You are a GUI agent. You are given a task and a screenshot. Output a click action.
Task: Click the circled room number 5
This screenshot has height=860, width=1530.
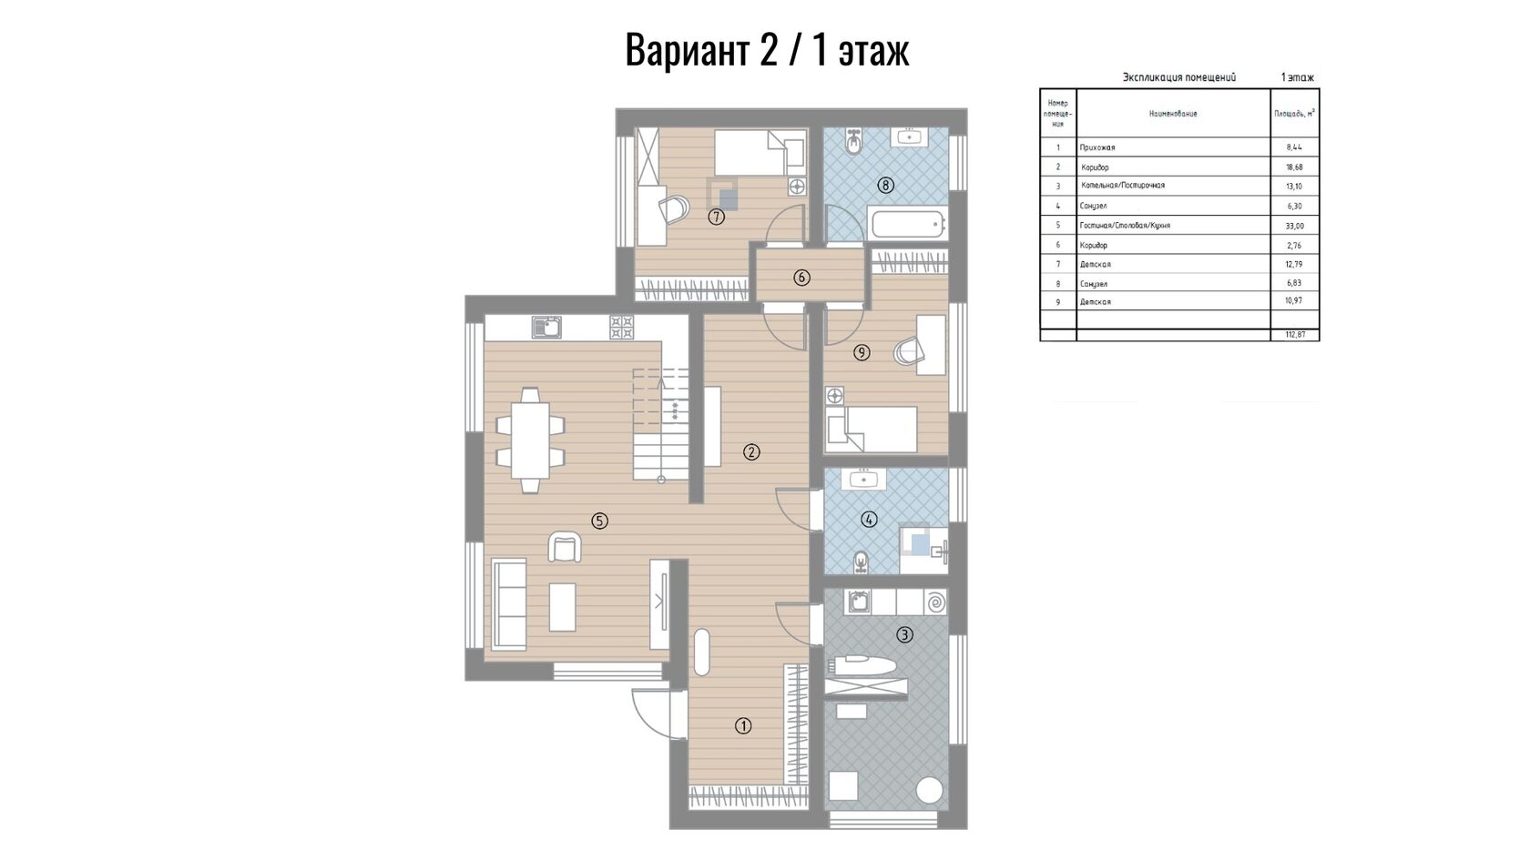click(599, 521)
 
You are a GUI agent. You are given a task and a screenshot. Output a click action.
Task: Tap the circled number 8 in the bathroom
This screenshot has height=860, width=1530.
click(885, 185)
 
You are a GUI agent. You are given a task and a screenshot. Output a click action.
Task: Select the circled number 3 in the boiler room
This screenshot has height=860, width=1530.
click(904, 635)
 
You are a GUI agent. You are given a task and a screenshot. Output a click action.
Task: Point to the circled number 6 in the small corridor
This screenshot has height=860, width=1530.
click(801, 277)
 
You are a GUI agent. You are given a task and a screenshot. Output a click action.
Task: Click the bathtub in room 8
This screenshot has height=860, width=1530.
click(907, 222)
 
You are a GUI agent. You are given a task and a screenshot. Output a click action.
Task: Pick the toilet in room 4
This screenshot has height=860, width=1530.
click(861, 561)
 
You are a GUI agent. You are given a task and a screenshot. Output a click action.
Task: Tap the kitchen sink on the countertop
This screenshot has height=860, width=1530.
click(546, 327)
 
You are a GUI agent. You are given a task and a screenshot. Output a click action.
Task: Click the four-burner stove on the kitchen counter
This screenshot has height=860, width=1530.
click(621, 327)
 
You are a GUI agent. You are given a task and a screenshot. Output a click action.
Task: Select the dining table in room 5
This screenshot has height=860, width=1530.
click(530, 440)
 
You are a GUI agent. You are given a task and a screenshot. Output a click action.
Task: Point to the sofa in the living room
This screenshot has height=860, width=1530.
click(509, 604)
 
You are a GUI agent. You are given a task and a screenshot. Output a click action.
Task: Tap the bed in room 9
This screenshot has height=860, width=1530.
click(871, 430)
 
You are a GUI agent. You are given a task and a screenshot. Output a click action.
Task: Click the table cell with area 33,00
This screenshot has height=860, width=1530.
click(1294, 226)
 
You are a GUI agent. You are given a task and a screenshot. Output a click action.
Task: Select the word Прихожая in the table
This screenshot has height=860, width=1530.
click(1096, 147)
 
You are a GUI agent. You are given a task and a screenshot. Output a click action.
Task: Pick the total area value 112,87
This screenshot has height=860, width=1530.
click(1294, 335)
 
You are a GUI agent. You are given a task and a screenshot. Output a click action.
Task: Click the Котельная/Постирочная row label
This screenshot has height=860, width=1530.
click(1122, 186)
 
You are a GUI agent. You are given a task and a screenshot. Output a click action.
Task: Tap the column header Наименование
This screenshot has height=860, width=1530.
click(1173, 113)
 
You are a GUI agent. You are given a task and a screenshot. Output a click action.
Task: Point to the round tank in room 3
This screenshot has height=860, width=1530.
click(929, 790)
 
